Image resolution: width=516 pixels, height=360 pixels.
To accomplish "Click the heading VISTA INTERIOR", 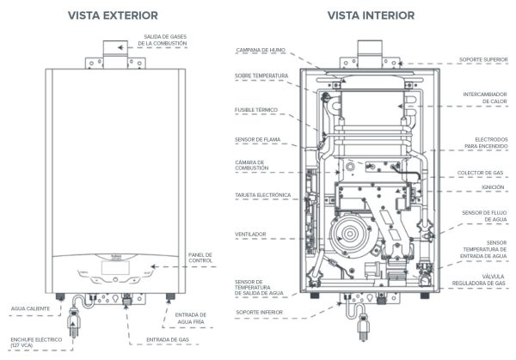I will [370, 15].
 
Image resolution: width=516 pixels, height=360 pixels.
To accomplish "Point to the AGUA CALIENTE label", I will [31, 306].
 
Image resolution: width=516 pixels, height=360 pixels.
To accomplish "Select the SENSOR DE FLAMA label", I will [255, 140].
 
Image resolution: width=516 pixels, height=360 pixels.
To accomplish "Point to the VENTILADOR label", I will [250, 234].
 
